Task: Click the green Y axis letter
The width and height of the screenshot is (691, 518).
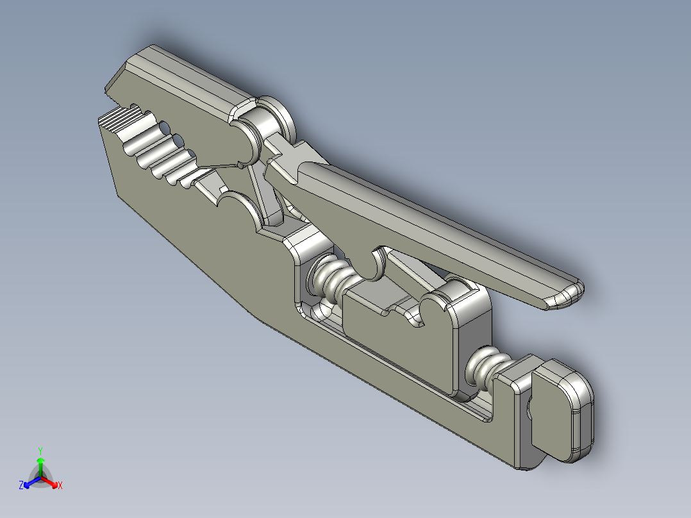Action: pyautogui.click(x=40, y=450)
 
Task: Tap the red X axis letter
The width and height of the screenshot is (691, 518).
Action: pyautogui.click(x=60, y=485)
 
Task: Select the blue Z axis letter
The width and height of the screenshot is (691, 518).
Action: pyautogui.click(x=21, y=485)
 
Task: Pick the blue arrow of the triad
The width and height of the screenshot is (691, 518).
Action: pyautogui.click(x=29, y=481)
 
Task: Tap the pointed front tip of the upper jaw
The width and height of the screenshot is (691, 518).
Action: pyautogui.click(x=113, y=84)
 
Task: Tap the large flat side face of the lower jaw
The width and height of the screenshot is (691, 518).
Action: pyautogui.click(x=192, y=231)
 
